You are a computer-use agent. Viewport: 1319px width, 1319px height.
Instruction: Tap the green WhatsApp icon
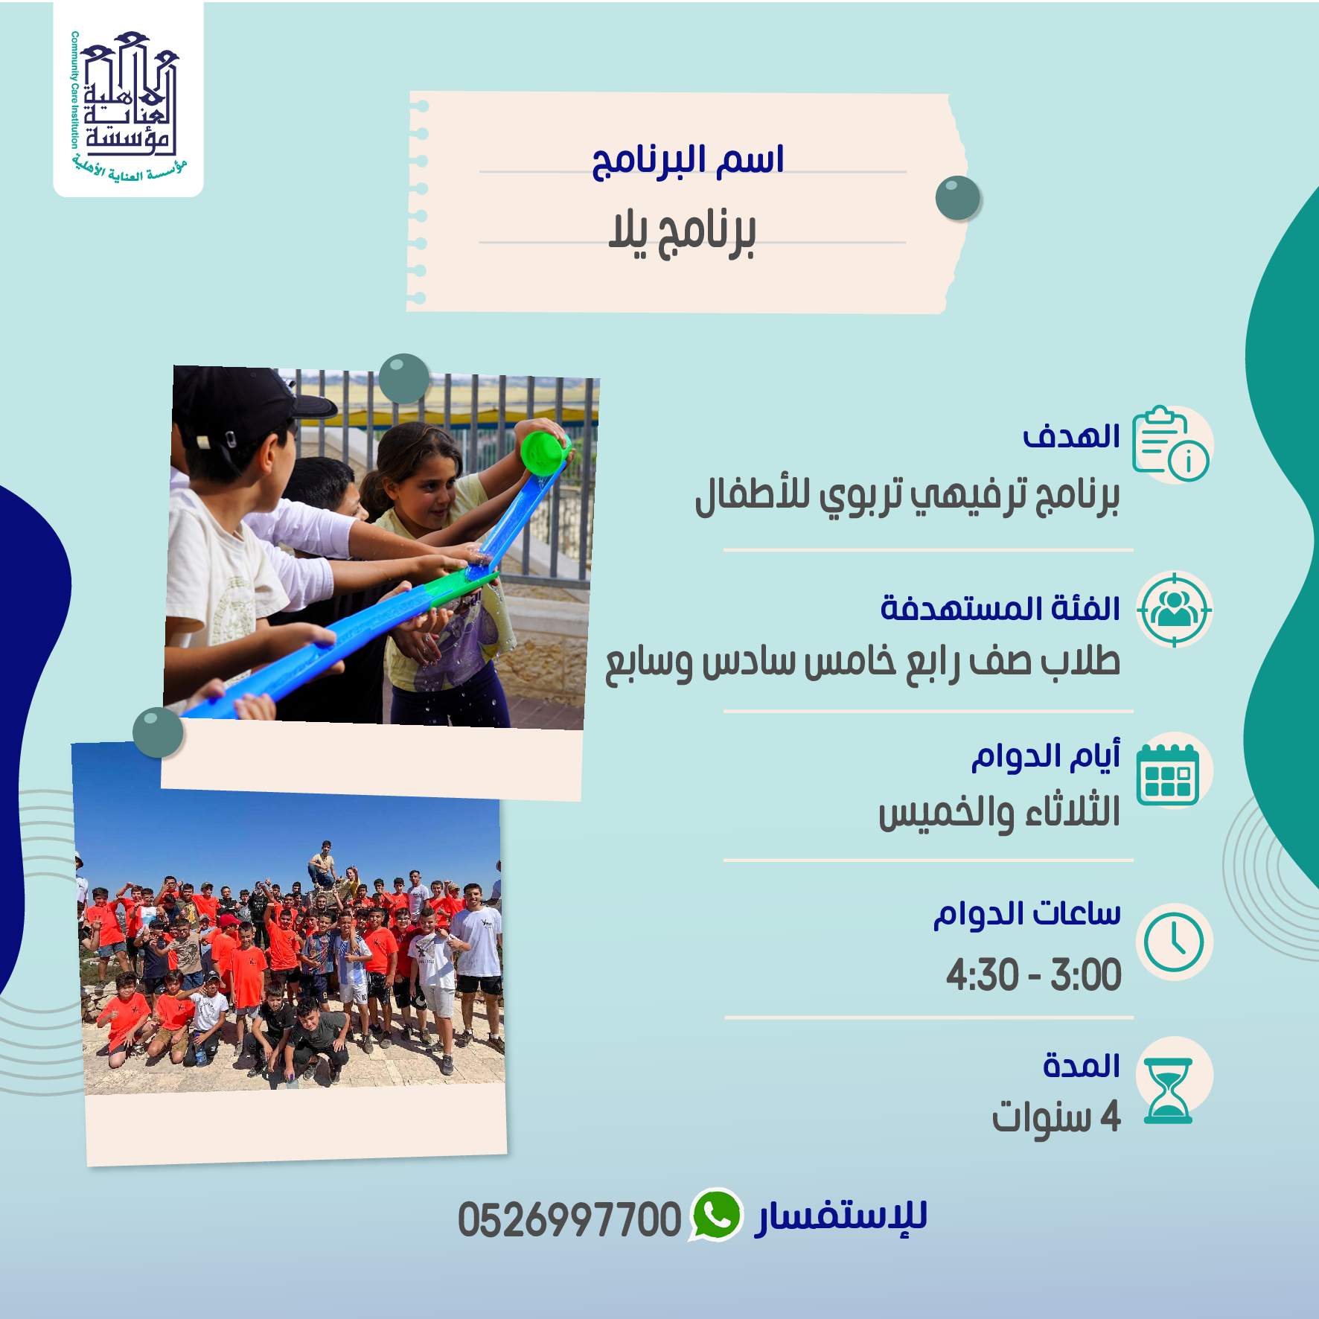point(716,1215)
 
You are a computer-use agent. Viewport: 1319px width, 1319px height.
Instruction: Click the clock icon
point(1174,942)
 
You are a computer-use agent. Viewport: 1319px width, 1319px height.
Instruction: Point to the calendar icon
point(1168,774)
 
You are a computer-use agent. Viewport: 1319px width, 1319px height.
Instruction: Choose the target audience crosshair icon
point(1175,610)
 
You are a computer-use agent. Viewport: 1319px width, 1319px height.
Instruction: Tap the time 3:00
point(1086,975)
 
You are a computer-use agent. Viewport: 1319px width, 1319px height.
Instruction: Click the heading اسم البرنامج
point(688,162)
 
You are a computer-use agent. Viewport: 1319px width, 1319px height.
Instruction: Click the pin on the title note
point(958,198)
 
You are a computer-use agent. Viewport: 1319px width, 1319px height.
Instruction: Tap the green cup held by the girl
point(544,452)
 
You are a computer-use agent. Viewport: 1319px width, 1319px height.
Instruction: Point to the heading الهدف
point(1071,436)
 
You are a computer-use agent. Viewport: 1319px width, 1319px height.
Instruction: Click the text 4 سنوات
point(1056,1117)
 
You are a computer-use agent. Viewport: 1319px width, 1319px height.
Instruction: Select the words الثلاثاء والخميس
point(1000,812)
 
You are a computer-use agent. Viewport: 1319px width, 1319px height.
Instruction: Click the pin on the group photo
point(158,732)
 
